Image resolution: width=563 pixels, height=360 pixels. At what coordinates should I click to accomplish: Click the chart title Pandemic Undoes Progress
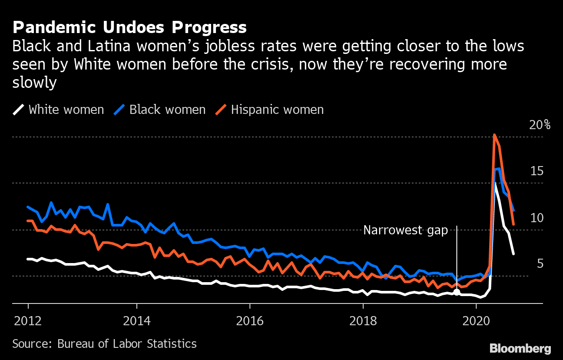click(129, 27)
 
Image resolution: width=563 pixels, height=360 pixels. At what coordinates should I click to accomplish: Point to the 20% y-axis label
click(540, 125)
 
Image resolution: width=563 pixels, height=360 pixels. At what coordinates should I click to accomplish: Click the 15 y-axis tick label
click(537, 171)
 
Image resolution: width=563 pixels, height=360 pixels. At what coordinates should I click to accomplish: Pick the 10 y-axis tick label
click(537, 217)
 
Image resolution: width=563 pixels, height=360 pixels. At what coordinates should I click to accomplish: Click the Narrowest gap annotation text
click(405, 230)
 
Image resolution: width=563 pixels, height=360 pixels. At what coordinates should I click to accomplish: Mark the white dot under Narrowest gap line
click(457, 292)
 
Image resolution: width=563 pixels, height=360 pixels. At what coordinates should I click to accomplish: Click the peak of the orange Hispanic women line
click(494, 135)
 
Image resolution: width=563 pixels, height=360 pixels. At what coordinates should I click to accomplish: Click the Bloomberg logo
click(520, 348)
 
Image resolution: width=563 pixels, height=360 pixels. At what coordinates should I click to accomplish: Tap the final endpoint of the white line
click(513, 253)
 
